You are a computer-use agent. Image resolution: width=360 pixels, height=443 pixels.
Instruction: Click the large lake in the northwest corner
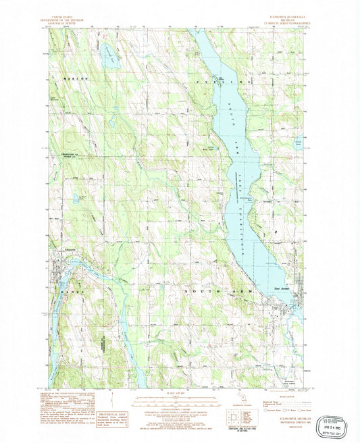click(107, 56)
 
